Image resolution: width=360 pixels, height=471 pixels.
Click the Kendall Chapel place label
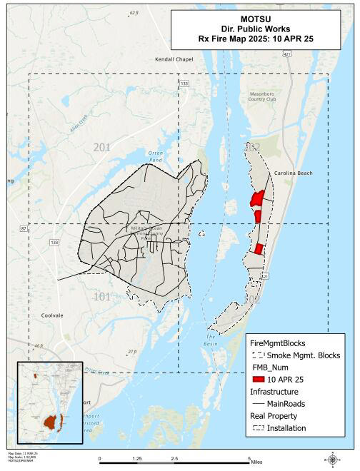(x=175, y=60)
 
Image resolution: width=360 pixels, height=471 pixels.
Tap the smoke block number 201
(x=101, y=147)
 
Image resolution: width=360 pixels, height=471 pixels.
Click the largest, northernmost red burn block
(x=256, y=198)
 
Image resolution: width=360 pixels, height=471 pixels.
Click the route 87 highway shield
(x=24, y=228)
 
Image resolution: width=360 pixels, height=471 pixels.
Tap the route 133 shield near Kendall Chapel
(x=184, y=83)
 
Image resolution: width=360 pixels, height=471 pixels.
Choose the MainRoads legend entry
(x=286, y=403)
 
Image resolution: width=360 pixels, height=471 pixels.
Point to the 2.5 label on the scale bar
(x=174, y=459)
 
